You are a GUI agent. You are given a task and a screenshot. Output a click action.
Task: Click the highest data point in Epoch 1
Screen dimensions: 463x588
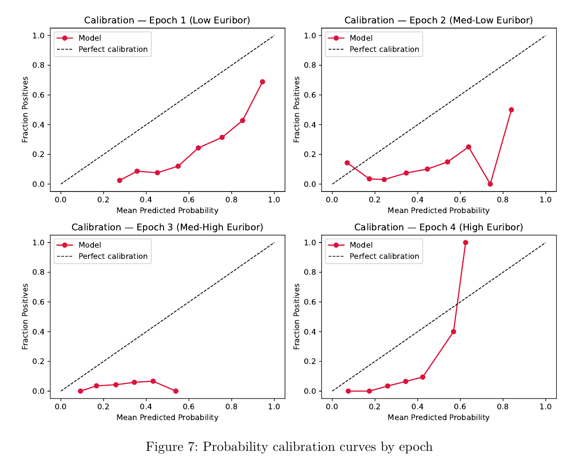(x=262, y=82)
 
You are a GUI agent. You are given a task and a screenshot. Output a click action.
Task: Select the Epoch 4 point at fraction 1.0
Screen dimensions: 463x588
(x=466, y=242)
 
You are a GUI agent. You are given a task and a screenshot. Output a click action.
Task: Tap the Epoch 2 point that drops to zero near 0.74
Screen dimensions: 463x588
(x=490, y=184)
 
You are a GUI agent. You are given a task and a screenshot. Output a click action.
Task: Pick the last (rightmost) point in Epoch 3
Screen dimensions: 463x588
(x=176, y=391)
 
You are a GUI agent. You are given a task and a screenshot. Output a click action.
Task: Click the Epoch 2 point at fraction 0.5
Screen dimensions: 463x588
(x=511, y=110)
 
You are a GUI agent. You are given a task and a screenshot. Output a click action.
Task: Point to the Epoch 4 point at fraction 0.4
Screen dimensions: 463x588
(x=453, y=332)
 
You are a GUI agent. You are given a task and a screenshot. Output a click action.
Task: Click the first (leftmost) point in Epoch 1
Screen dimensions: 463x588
(x=120, y=180)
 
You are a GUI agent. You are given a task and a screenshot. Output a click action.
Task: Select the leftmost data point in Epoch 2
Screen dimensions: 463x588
(x=347, y=163)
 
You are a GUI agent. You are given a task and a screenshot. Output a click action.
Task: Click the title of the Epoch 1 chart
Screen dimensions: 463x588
(x=167, y=20)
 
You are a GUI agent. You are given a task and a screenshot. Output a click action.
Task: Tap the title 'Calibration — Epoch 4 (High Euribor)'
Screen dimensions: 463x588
(x=438, y=227)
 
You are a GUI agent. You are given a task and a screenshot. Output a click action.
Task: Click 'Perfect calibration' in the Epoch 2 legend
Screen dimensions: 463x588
(x=384, y=49)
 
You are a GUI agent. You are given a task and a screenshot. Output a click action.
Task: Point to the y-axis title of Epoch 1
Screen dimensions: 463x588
(x=25, y=110)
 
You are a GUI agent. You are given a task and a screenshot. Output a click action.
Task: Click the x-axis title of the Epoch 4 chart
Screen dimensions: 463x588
(x=438, y=417)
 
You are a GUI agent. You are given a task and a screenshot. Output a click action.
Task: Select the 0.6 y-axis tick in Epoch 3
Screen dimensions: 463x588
(x=38, y=302)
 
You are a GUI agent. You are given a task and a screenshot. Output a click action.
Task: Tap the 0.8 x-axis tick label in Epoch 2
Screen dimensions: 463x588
(x=503, y=199)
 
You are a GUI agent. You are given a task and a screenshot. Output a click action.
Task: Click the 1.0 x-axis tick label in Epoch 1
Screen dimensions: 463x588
(x=274, y=199)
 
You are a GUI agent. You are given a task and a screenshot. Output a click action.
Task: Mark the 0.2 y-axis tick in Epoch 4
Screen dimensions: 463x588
(x=310, y=362)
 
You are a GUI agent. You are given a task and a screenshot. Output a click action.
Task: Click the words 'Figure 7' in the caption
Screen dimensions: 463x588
(x=171, y=447)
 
